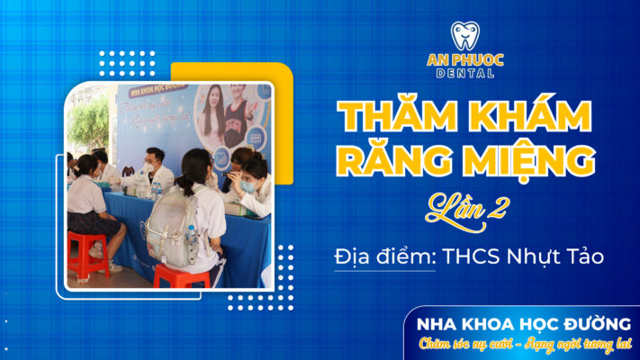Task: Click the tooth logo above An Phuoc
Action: pyautogui.click(x=464, y=35)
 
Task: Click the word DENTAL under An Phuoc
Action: pyautogui.click(x=464, y=73)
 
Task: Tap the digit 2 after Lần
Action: pyautogui.click(x=496, y=209)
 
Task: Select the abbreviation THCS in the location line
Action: pyautogui.click(x=470, y=256)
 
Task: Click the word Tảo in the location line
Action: pyautogui.click(x=584, y=256)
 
